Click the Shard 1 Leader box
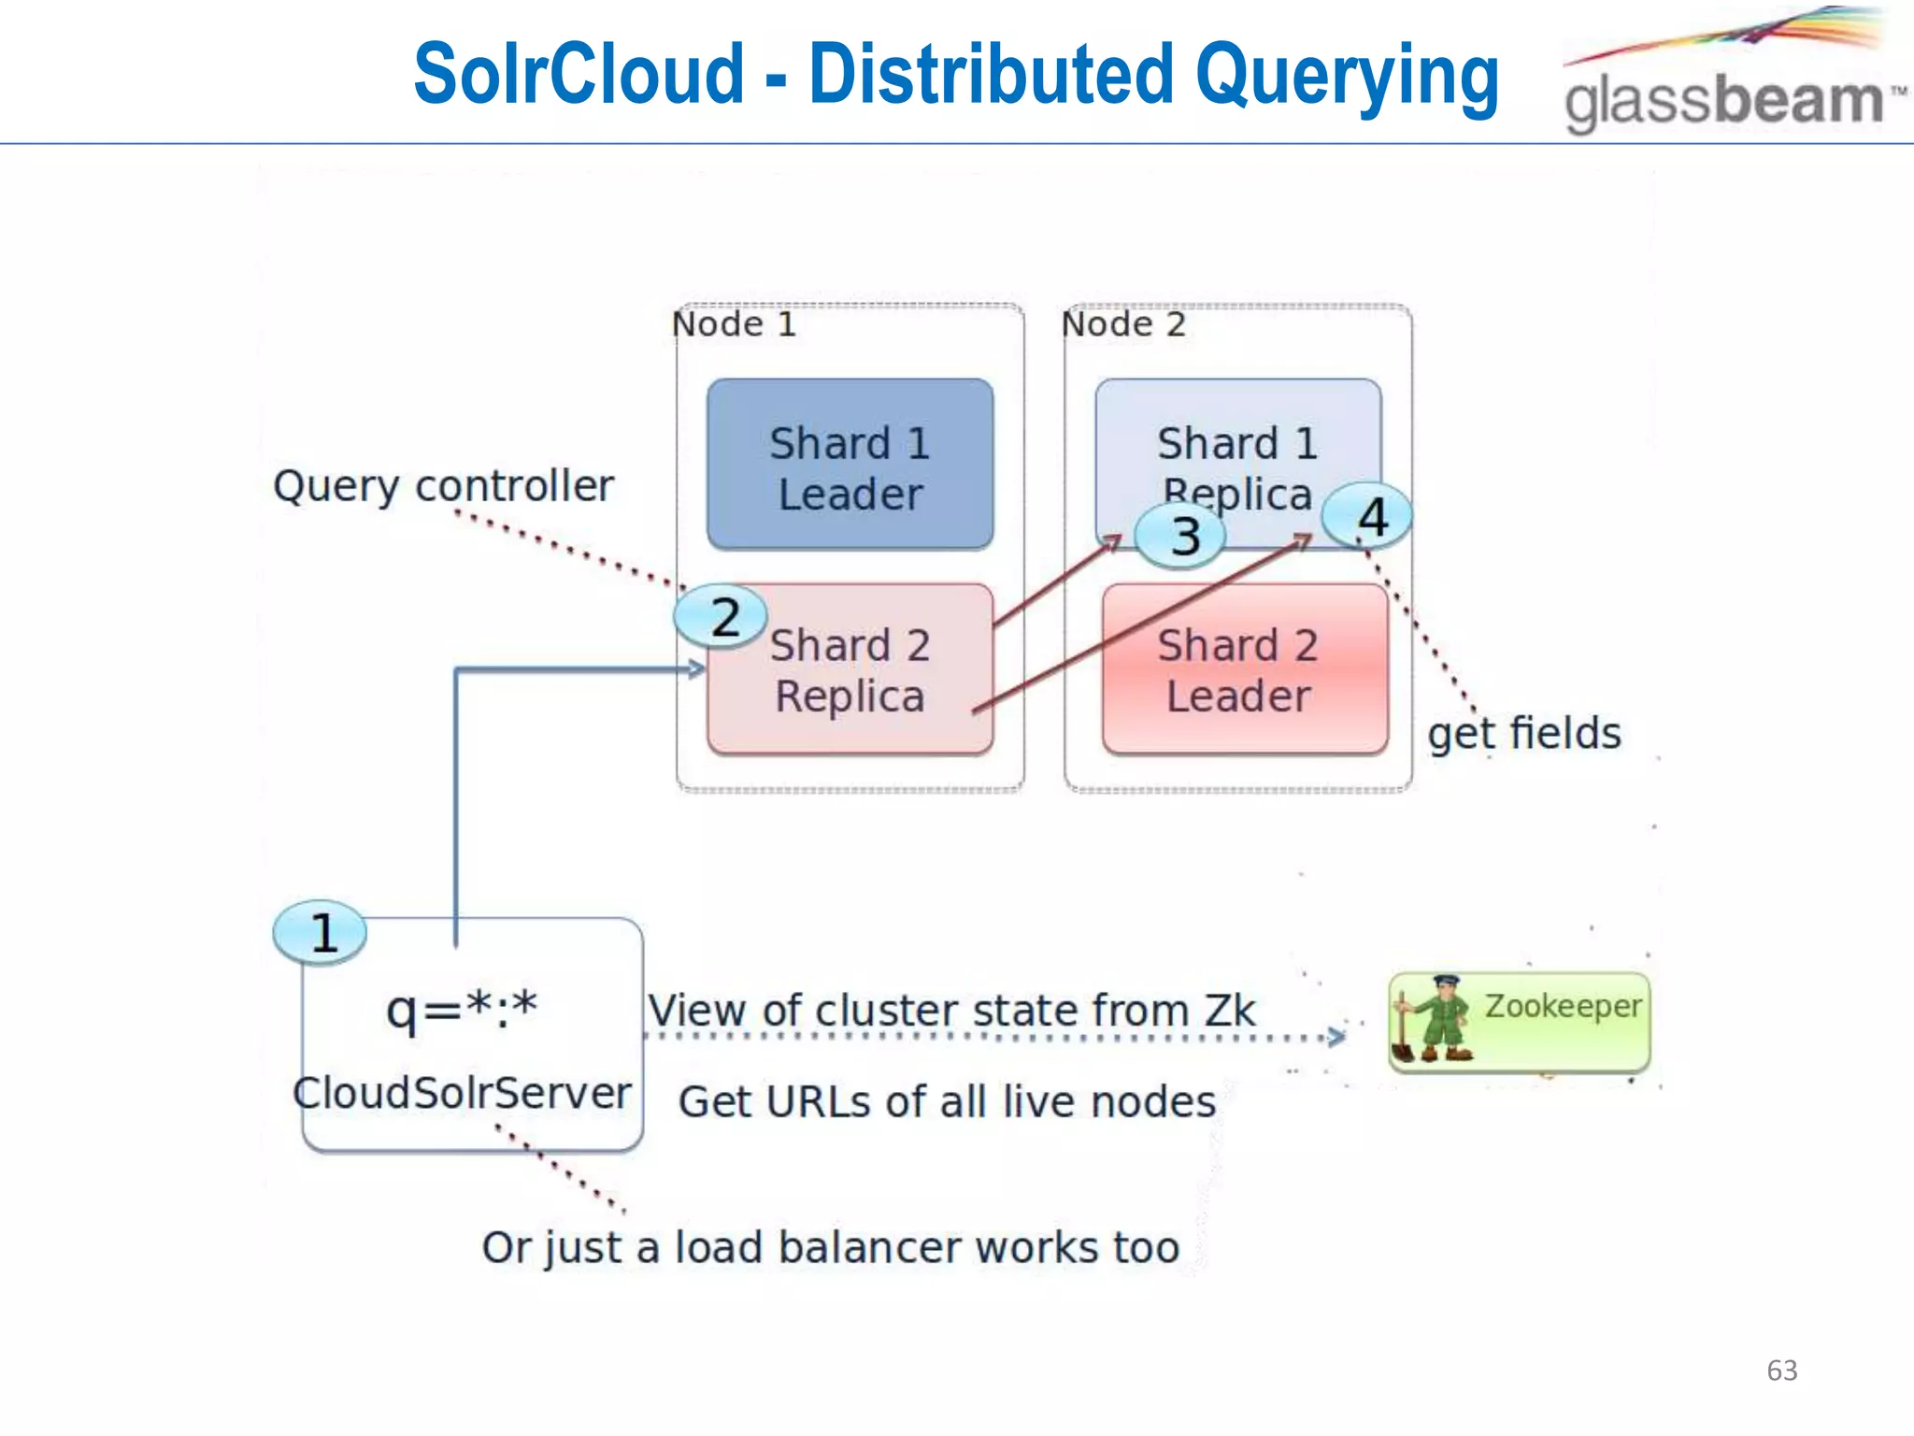pyautogui.click(x=850, y=465)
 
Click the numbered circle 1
pyautogui.click(x=321, y=933)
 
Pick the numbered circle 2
pyautogui.click(x=721, y=617)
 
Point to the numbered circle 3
pyautogui.click(x=1181, y=537)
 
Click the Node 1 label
pyautogui.click(x=735, y=324)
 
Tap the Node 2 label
pyautogui.click(x=1123, y=324)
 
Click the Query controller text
pyautogui.click(x=443, y=486)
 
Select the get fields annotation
pyautogui.click(x=1523, y=733)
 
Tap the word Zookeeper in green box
pyautogui.click(x=1562, y=1006)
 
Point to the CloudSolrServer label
pyautogui.click(x=462, y=1093)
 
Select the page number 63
pyautogui.click(x=1781, y=1371)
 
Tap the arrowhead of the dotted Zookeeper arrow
pyautogui.click(x=1337, y=1036)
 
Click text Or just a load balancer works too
pyautogui.click(x=830, y=1248)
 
